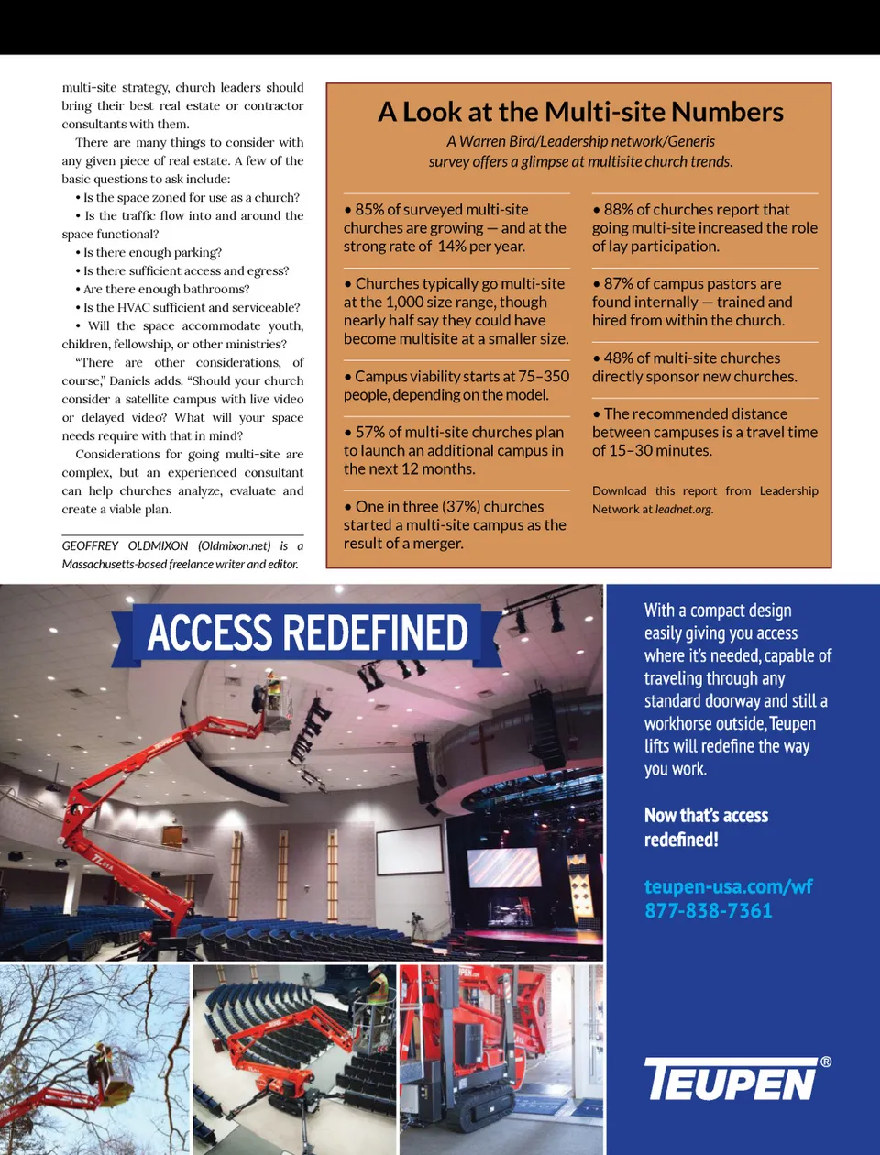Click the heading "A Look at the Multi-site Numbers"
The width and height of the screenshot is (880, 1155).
pyautogui.click(x=580, y=112)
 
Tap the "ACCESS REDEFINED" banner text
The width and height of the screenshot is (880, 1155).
pyautogui.click(x=307, y=632)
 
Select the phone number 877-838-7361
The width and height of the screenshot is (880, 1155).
pyautogui.click(x=708, y=910)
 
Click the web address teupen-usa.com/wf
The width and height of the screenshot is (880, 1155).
pyautogui.click(x=728, y=886)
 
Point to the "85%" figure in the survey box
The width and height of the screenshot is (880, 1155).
pyautogui.click(x=368, y=210)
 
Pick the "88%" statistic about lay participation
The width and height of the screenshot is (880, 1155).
pyautogui.click(x=617, y=210)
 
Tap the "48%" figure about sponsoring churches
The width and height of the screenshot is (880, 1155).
pyautogui.click(x=618, y=358)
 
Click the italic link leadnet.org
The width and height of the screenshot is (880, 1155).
pyautogui.click(x=684, y=510)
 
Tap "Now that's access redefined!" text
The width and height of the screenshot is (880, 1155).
pyautogui.click(x=706, y=827)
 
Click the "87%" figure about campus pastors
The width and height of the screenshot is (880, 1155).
pyautogui.click(x=617, y=284)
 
